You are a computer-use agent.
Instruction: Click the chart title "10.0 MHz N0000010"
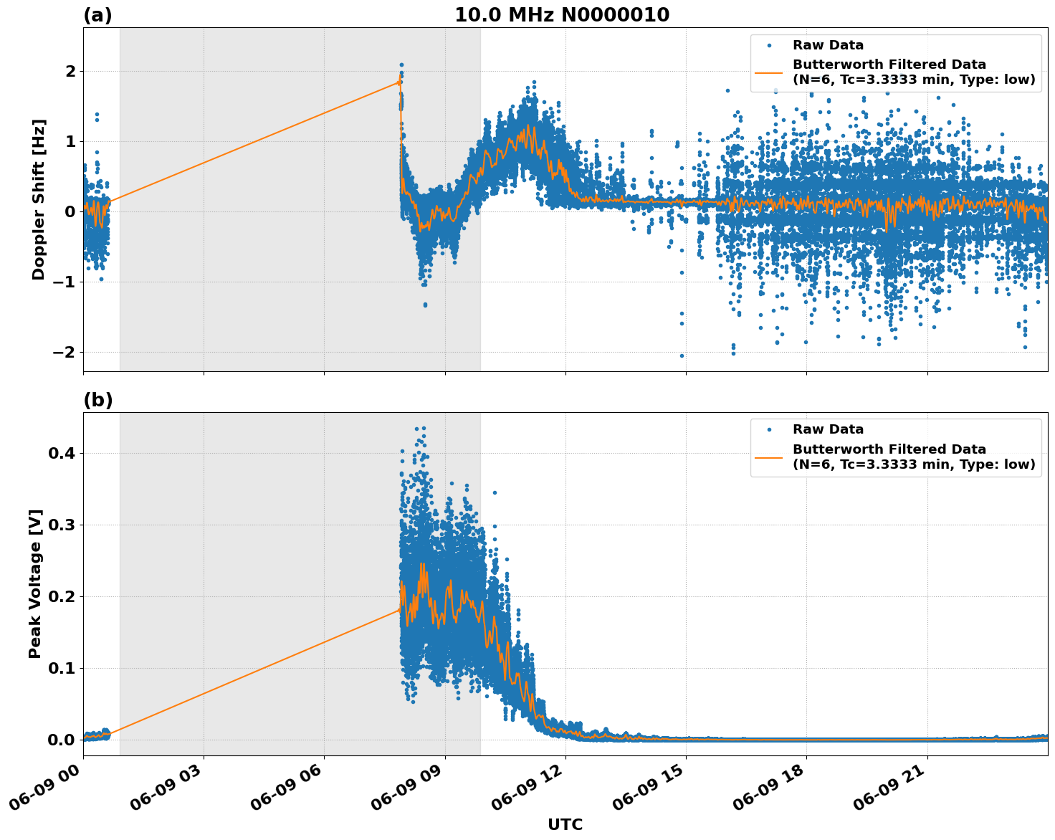562,15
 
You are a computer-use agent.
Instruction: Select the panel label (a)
97,15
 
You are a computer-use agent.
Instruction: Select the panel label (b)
97,400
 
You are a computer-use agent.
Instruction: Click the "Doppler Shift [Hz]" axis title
39,199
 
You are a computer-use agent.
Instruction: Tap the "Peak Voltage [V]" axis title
35,583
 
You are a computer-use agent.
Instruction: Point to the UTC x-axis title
565,824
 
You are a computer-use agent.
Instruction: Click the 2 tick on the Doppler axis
70,71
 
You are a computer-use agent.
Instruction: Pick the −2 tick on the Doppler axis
64,352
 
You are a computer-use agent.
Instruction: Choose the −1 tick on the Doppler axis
64,282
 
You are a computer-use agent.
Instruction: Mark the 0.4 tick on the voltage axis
62,453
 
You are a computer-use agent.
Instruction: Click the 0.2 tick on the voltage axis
62,596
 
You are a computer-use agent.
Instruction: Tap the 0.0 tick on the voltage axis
62,740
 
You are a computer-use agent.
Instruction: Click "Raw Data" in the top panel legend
828,45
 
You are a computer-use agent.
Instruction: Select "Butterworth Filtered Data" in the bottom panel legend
889,449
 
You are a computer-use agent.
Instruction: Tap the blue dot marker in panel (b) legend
769,429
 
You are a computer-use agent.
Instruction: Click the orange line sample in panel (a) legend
769,72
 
